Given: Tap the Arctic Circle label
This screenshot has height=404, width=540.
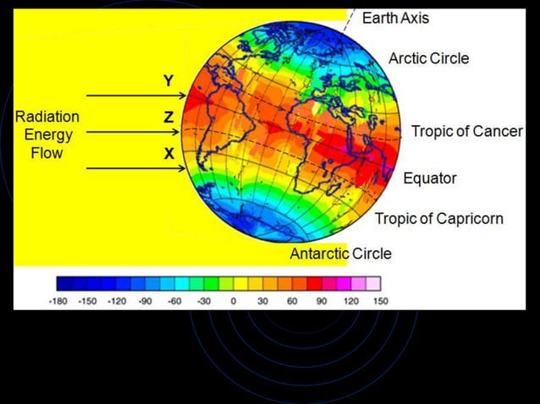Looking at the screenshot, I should coord(428,58).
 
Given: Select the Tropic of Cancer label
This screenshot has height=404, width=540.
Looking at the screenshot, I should coord(466,131).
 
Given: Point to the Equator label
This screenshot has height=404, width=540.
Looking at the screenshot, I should coord(429,178).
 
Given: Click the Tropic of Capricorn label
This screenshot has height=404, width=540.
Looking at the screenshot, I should coord(438,219).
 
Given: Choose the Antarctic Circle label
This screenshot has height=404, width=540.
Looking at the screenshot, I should coord(340,253).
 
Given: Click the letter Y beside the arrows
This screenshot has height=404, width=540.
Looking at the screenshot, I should coord(168,81).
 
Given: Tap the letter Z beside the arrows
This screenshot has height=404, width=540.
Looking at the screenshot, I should coord(168,118).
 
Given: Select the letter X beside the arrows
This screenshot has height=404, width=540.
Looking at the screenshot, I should coord(168,154).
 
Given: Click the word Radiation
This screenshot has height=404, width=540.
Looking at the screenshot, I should coord(47,117).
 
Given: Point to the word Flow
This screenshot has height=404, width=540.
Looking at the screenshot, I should coord(47,154).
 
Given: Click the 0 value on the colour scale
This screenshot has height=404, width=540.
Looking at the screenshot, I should coord(234,300).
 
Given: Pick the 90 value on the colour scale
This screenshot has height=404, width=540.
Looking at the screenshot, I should coord(322,300).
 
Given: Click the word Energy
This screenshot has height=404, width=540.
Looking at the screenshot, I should coord(47,135).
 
